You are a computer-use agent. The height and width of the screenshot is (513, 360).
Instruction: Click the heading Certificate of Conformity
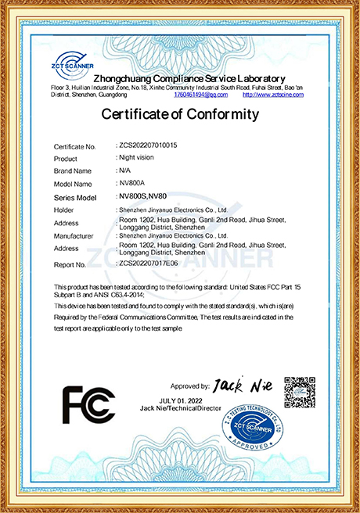(x=180, y=115)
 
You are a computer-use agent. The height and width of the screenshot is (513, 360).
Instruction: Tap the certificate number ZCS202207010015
(x=147, y=145)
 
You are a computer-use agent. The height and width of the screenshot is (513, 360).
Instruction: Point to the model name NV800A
(x=128, y=183)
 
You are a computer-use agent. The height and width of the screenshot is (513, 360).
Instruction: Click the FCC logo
(x=88, y=404)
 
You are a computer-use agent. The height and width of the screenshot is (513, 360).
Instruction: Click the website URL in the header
(x=272, y=95)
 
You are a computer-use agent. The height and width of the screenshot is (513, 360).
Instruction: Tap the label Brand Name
(x=73, y=170)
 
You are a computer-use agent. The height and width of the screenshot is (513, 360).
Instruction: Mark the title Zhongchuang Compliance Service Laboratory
(x=189, y=79)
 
